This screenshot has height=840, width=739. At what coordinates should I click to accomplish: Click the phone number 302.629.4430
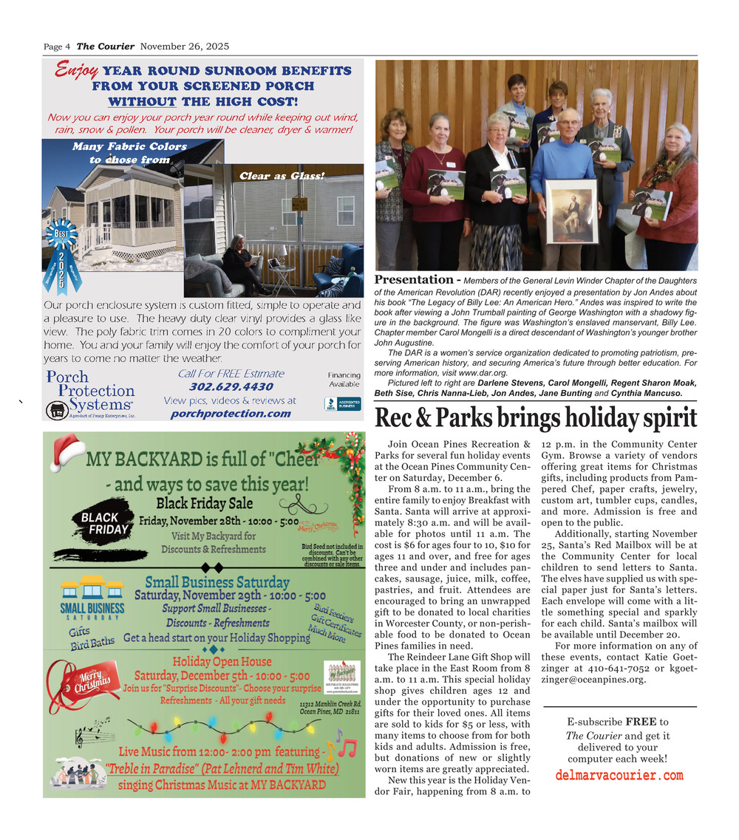[x=231, y=386]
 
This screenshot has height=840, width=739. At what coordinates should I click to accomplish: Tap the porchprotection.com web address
[x=231, y=413]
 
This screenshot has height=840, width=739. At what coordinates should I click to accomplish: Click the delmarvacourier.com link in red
[x=619, y=775]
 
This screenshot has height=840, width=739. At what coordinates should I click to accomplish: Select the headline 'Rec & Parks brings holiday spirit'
[x=536, y=418]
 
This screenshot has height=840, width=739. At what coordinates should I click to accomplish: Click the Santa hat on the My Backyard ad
[x=67, y=451]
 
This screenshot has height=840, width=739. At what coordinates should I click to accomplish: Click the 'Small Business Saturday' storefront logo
[x=92, y=598]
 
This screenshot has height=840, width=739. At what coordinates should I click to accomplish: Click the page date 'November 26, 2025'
[x=184, y=47]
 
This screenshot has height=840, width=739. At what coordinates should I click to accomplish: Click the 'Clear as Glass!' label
[x=272, y=175]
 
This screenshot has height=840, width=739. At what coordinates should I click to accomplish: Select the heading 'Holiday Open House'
[x=222, y=661]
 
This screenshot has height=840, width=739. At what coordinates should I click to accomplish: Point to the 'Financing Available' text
[x=344, y=380]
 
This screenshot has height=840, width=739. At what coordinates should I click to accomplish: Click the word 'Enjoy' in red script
[x=76, y=71]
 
